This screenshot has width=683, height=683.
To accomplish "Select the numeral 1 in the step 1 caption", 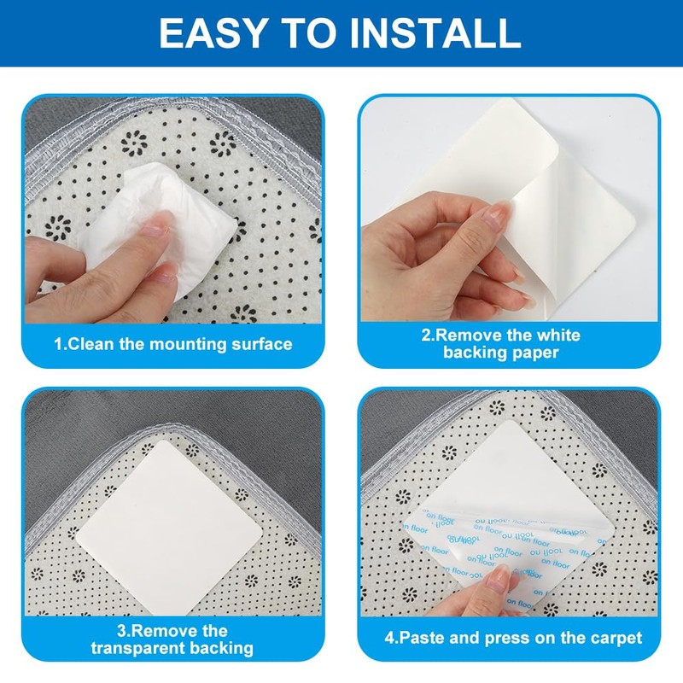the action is [58, 344].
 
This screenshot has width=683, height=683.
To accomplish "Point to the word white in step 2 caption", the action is [558, 335].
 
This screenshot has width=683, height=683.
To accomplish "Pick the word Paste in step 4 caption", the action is [421, 638].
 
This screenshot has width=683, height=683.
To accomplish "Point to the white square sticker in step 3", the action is [169, 528].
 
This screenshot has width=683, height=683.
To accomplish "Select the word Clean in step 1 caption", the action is [90, 344].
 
